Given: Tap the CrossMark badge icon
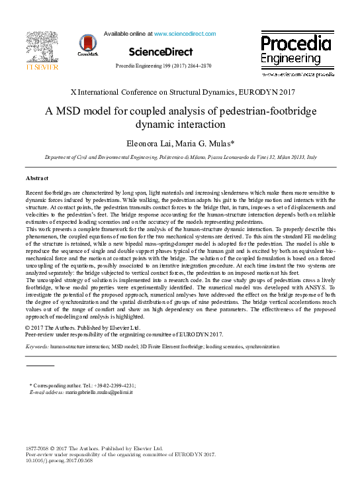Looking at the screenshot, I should pos(87,45).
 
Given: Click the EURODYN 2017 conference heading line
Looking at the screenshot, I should pos(180,92).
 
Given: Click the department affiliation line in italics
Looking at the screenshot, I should pos(180,158).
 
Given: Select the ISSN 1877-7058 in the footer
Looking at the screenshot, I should pos(38,448).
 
